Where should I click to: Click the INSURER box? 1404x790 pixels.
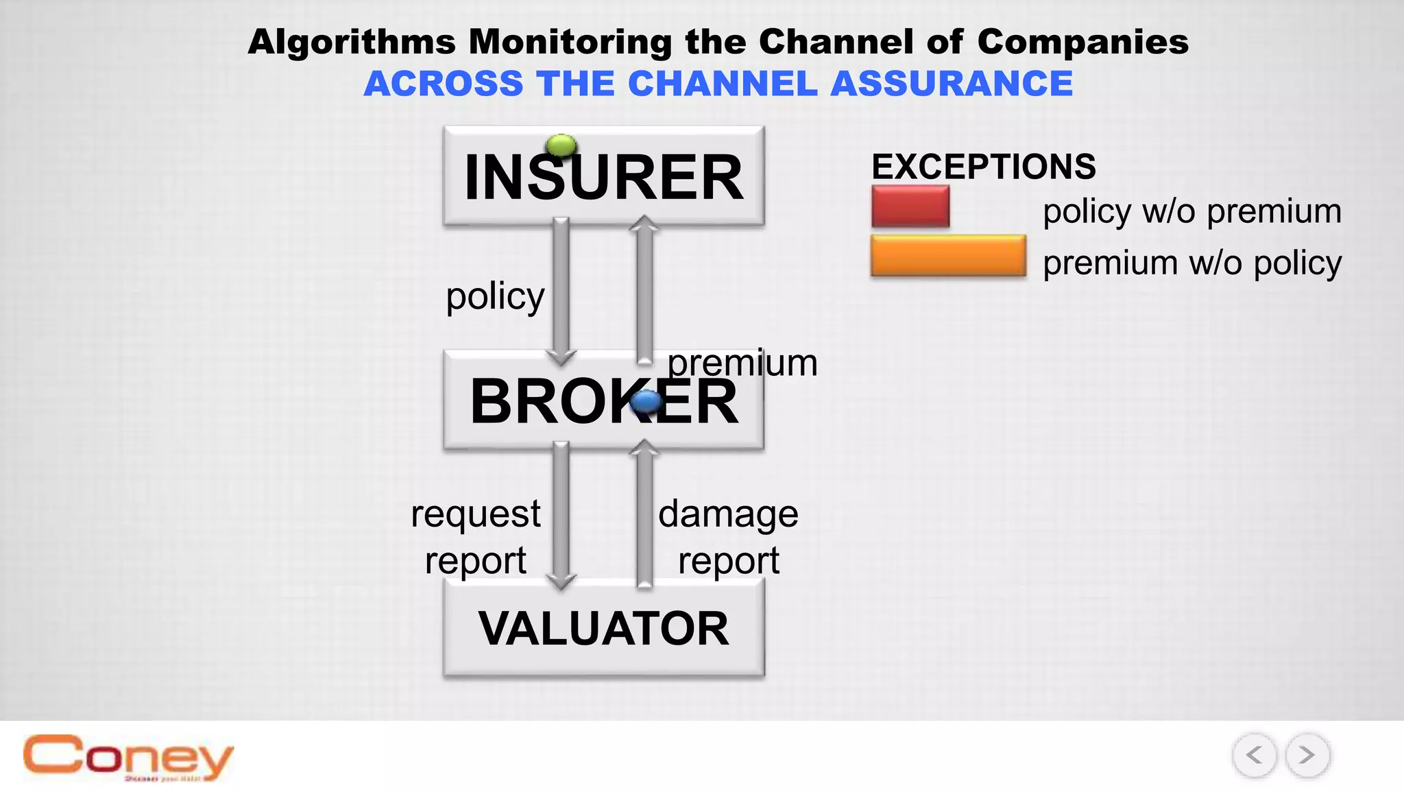coord(603,176)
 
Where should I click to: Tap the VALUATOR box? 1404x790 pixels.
coord(603,628)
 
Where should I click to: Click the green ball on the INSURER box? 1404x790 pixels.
coord(561,145)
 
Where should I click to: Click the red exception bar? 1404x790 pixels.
coord(910,206)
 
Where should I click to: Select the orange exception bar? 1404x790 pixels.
coord(948,256)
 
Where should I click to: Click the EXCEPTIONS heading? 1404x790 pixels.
coord(983,167)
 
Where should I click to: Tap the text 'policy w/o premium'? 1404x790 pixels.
coord(1191,211)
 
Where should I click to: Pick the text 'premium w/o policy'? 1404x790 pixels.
coord(1191,263)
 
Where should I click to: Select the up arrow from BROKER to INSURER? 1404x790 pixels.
coord(644,288)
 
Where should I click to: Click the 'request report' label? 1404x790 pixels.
coord(476,537)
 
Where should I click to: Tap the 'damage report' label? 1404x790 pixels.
coord(728,537)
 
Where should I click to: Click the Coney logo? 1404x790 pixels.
coord(128,758)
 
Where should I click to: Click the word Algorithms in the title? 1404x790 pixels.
coord(352,42)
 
